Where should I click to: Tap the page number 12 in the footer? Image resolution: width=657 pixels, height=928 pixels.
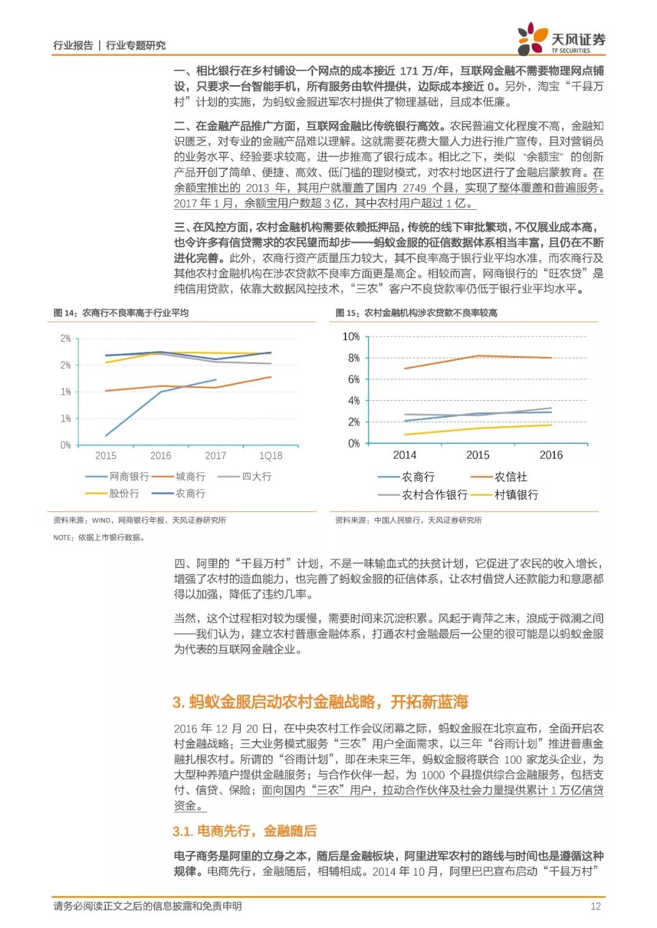click(x=595, y=906)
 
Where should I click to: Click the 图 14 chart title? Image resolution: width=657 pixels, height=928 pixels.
click(x=121, y=313)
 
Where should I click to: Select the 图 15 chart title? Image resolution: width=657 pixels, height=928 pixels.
click(x=416, y=313)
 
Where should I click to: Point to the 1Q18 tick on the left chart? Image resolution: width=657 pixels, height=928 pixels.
click(x=271, y=455)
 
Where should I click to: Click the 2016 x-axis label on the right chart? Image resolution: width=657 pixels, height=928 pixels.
click(x=551, y=455)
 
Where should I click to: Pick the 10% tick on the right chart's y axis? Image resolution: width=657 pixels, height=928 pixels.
click(x=351, y=336)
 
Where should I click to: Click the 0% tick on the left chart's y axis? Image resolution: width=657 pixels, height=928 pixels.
click(x=65, y=445)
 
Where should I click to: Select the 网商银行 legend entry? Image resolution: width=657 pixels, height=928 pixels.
click(x=129, y=476)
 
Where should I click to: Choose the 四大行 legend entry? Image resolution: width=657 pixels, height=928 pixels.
click(x=257, y=476)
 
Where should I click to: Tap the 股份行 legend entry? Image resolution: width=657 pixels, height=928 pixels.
click(x=124, y=493)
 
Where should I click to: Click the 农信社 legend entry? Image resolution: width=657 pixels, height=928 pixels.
click(x=510, y=477)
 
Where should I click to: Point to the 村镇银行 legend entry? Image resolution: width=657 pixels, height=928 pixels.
click(x=516, y=494)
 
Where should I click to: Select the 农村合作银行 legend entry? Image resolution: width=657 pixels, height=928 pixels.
click(x=434, y=494)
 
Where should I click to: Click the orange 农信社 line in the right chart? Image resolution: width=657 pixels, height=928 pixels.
click(x=478, y=356)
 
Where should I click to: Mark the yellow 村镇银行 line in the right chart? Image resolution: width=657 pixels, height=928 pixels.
click(x=478, y=428)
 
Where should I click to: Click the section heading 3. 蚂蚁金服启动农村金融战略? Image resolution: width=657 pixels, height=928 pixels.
click(x=320, y=702)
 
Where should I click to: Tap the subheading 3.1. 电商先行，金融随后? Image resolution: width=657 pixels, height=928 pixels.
click(x=245, y=831)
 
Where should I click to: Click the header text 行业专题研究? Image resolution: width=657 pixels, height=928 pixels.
click(x=136, y=45)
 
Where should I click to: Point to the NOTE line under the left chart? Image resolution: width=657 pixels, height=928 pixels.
click(x=99, y=537)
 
